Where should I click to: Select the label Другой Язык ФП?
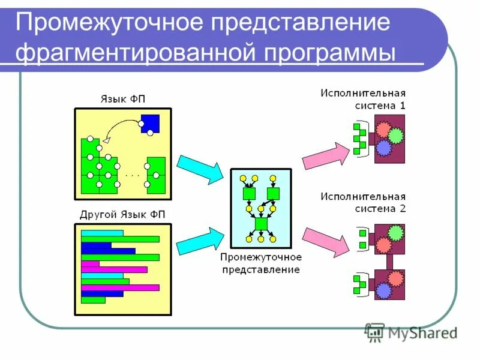coord(123,214)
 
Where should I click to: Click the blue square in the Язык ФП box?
coord(151,123)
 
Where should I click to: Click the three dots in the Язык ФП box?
coord(132,175)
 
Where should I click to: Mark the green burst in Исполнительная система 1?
coord(394,135)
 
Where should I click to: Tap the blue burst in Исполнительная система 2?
coord(383,291)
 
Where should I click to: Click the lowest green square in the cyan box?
coord(260,223)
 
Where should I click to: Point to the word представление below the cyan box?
coord(260,270)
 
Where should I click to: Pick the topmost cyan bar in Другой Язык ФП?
coord(101,233)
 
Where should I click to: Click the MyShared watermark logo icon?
coord(374,332)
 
